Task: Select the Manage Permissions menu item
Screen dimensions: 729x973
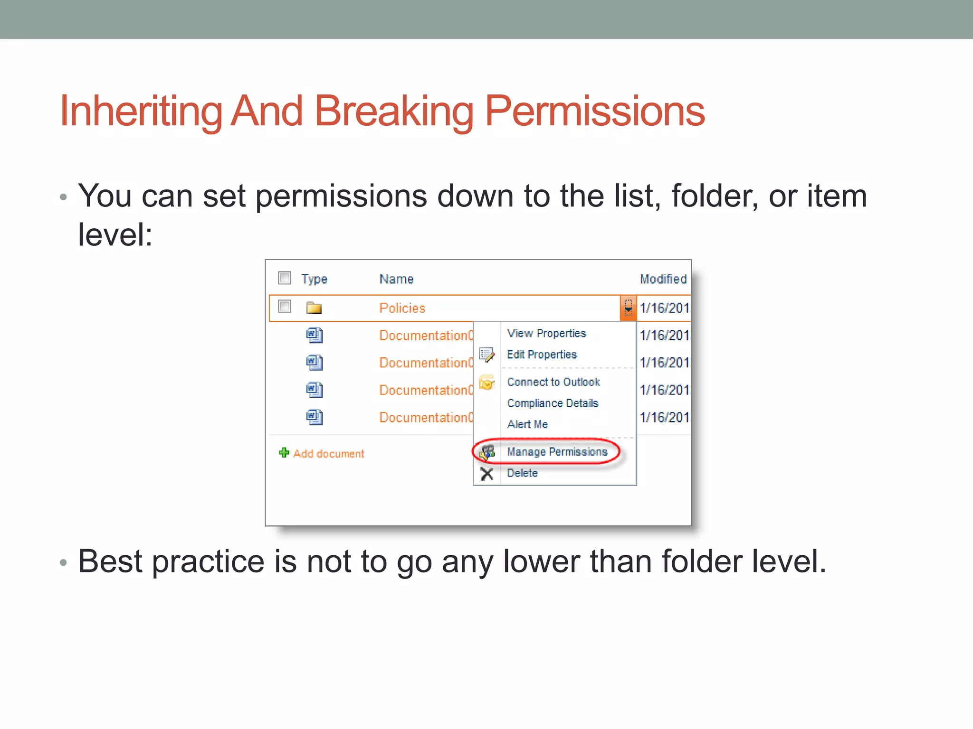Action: (557, 452)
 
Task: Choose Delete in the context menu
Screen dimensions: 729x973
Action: (522, 473)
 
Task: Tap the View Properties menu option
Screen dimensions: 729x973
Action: (546, 333)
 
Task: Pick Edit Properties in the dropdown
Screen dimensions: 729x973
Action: (542, 355)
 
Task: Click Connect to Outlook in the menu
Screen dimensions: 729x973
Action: (553, 382)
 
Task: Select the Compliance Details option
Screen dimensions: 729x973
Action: (553, 403)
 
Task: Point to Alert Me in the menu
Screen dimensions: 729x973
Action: (527, 424)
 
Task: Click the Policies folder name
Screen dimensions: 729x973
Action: (402, 308)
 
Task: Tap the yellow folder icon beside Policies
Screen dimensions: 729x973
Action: (314, 308)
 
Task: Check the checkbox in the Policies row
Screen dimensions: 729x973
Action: (285, 306)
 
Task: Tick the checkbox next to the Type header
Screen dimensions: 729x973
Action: (285, 278)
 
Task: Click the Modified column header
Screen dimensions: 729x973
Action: (663, 279)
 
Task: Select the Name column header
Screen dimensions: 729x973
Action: (396, 279)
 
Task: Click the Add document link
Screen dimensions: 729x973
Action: (328, 454)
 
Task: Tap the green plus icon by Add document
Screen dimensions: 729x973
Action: (284, 453)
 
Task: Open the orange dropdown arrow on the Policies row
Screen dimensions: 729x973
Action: (628, 308)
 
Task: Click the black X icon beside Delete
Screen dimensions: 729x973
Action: (486, 474)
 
